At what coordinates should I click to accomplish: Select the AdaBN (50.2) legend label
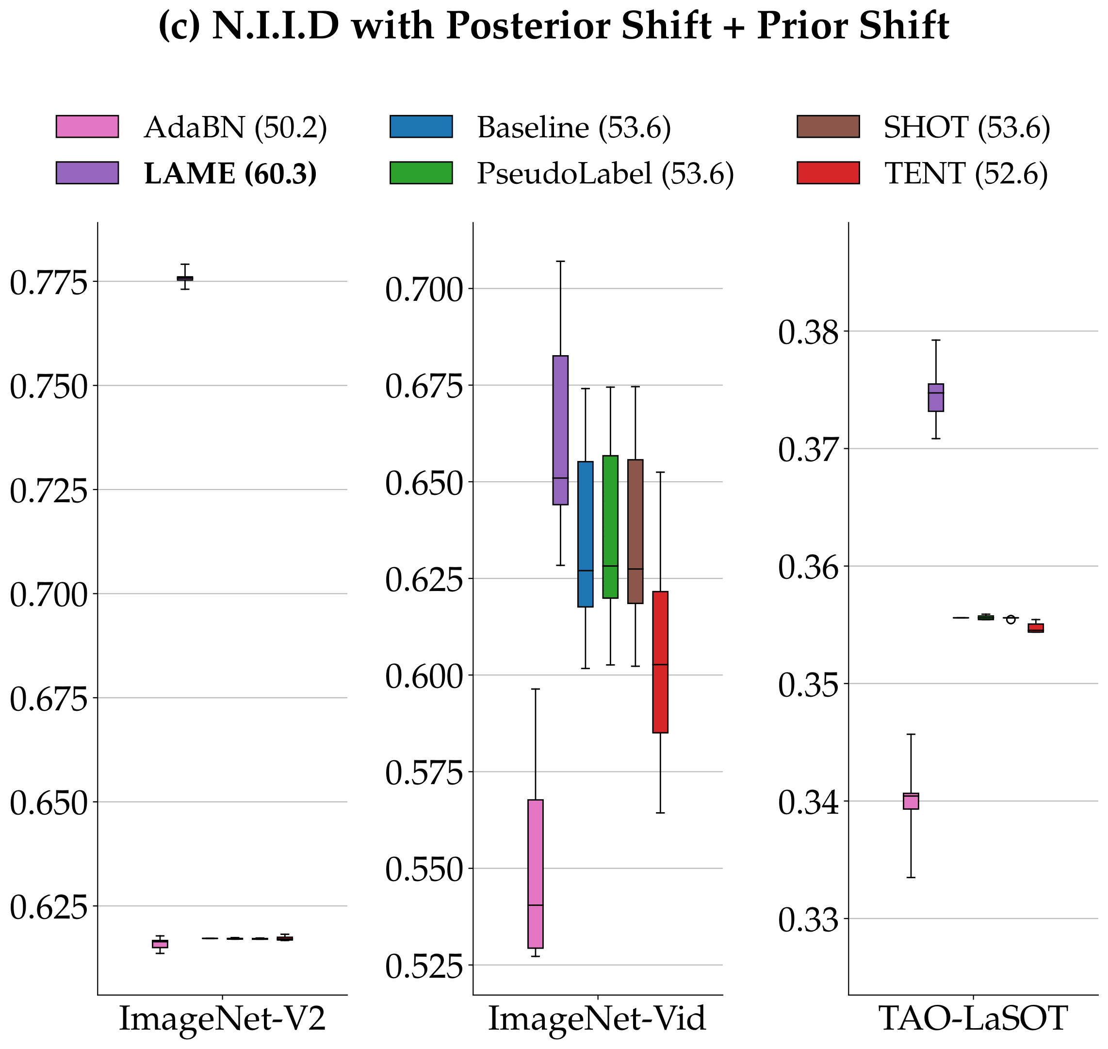pyautogui.click(x=235, y=128)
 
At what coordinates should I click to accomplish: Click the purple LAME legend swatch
pyautogui.click(x=87, y=173)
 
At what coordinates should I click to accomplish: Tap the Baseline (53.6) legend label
pyautogui.click(x=573, y=128)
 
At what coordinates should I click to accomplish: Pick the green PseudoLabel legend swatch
pyautogui.click(x=421, y=173)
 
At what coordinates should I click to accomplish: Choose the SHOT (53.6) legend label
pyautogui.click(x=966, y=128)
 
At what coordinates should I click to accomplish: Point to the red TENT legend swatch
pyautogui.click(x=828, y=173)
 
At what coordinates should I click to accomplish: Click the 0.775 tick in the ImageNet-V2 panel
pyautogui.click(x=49, y=282)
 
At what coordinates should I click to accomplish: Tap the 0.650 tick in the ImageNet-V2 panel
pyautogui.click(x=49, y=803)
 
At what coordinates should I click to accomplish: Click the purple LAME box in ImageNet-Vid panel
pyautogui.click(x=560, y=430)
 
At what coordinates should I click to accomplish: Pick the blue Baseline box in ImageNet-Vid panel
pyautogui.click(x=586, y=534)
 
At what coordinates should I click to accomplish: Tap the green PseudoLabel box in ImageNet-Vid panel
pyautogui.click(x=610, y=527)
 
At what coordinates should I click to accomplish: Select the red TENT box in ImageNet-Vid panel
pyautogui.click(x=660, y=661)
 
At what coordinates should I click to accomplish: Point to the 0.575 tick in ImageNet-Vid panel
pyautogui.click(x=424, y=773)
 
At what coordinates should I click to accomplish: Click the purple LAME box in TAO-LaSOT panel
pyautogui.click(x=936, y=397)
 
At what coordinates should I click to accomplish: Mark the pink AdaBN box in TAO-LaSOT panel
pyautogui.click(x=911, y=801)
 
